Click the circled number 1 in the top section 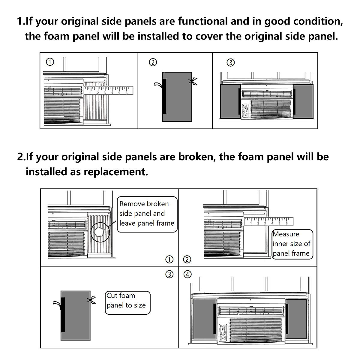tap(50, 62)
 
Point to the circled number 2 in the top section tap(153, 62)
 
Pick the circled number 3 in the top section tap(230, 63)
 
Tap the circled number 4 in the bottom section tap(187, 274)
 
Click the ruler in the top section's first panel tap(108, 91)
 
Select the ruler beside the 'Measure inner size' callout tap(268, 221)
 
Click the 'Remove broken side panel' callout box tap(147, 214)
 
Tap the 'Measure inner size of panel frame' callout tap(292, 244)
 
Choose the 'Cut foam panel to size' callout tap(127, 302)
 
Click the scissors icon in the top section tap(193, 81)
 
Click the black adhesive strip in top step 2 tap(164, 96)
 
